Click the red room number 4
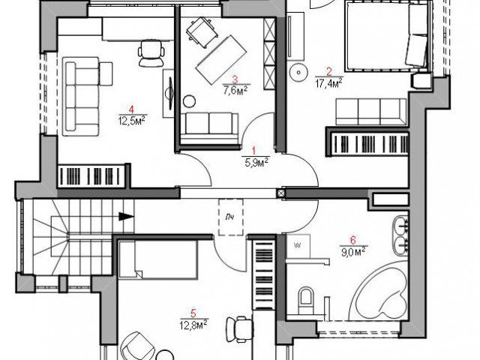pyautogui.click(x=131, y=109)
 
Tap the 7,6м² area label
pyautogui.click(x=235, y=91)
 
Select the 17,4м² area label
pyautogui.click(x=328, y=82)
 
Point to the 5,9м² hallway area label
pyautogui.click(x=256, y=162)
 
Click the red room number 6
pyautogui.click(x=353, y=241)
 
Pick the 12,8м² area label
pyautogui.click(x=194, y=324)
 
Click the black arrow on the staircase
pyautogui.click(x=126, y=217)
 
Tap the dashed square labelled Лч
pyautogui.click(x=231, y=217)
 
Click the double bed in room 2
pyautogui.click(x=386, y=36)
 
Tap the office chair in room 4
pyautogui.click(x=151, y=53)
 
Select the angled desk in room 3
pyautogui.click(x=221, y=60)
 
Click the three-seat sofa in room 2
pyautogui.click(x=371, y=112)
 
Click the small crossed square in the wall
pyautogui.click(x=281, y=193)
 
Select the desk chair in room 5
pyautogui.click(x=240, y=329)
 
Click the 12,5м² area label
pyautogui.click(x=131, y=120)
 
